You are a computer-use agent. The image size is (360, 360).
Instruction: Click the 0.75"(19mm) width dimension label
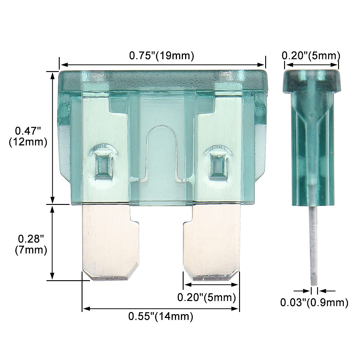(x=162, y=56)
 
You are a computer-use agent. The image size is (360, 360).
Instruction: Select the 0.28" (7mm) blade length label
(x=31, y=245)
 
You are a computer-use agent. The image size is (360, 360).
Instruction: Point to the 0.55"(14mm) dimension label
(x=160, y=316)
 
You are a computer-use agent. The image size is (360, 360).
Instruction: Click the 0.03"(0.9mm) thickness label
(x=314, y=302)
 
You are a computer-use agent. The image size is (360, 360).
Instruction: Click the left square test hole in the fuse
(x=102, y=163)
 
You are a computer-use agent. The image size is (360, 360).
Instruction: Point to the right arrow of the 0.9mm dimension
(x=322, y=290)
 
